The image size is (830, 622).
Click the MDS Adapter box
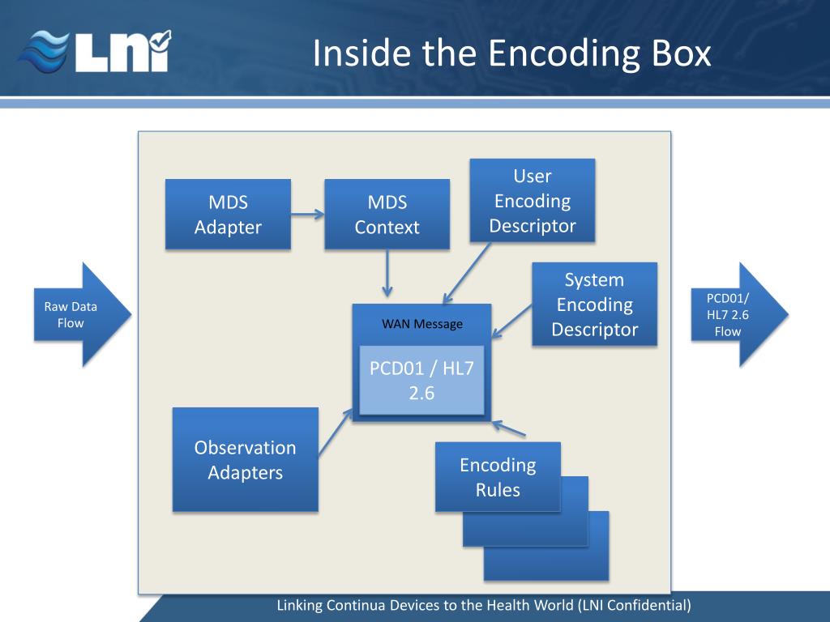coord(228,215)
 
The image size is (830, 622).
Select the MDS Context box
coord(387,215)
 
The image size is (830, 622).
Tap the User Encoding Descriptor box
coord(533,201)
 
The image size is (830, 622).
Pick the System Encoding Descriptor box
coord(594,305)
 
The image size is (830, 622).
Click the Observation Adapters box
coord(245,459)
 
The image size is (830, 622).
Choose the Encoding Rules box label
coord(498,477)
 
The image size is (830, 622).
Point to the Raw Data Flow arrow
coord(81,314)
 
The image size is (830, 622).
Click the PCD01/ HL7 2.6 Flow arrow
coord(738,314)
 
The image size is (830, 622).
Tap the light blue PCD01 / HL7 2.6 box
coord(421,380)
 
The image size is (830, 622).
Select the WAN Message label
coord(422,324)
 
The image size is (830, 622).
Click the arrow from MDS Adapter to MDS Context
coord(307,215)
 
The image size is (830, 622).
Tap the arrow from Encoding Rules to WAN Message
coord(511,430)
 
